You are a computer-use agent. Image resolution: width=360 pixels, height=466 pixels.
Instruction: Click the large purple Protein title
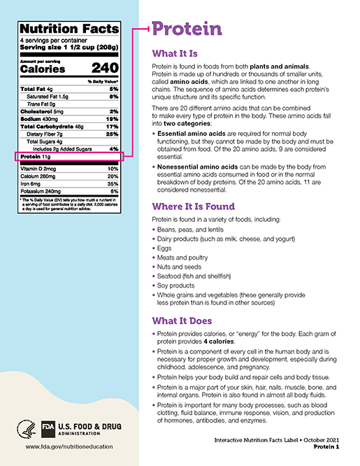[187, 29]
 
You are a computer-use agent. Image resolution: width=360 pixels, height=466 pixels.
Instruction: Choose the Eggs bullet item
[164, 248]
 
